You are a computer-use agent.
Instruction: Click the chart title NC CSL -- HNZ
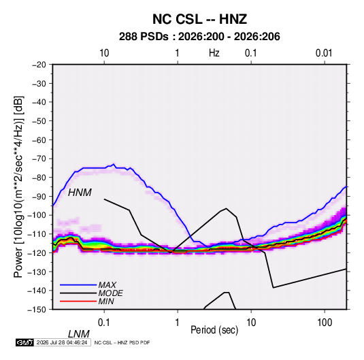[x=199, y=19]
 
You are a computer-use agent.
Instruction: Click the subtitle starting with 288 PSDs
[x=199, y=37]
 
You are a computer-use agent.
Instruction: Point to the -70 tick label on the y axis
[x=39, y=159]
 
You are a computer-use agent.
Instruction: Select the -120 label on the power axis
[x=37, y=252]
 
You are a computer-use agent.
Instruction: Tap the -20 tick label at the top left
[x=39, y=65]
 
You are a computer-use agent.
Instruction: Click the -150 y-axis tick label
[x=37, y=310]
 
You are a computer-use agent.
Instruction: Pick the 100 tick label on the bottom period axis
[x=325, y=322]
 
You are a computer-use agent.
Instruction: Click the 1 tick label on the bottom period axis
[x=178, y=322]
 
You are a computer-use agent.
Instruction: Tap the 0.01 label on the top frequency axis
[x=324, y=53]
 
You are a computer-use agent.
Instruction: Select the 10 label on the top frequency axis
[x=104, y=53]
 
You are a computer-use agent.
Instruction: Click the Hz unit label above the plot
[x=214, y=53]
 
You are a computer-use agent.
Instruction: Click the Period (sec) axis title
[x=214, y=330]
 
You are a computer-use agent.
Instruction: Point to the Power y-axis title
[x=18, y=187]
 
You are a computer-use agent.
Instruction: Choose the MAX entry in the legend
[x=107, y=285]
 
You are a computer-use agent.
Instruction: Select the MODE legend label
[x=110, y=293]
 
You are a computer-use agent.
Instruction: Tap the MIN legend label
[x=106, y=301]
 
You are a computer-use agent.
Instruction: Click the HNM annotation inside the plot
[x=80, y=193]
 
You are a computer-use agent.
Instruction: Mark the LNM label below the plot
[x=78, y=334]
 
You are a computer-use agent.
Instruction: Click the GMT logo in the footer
[x=24, y=342]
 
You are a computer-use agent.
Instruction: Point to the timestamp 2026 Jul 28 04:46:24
[x=62, y=342]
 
